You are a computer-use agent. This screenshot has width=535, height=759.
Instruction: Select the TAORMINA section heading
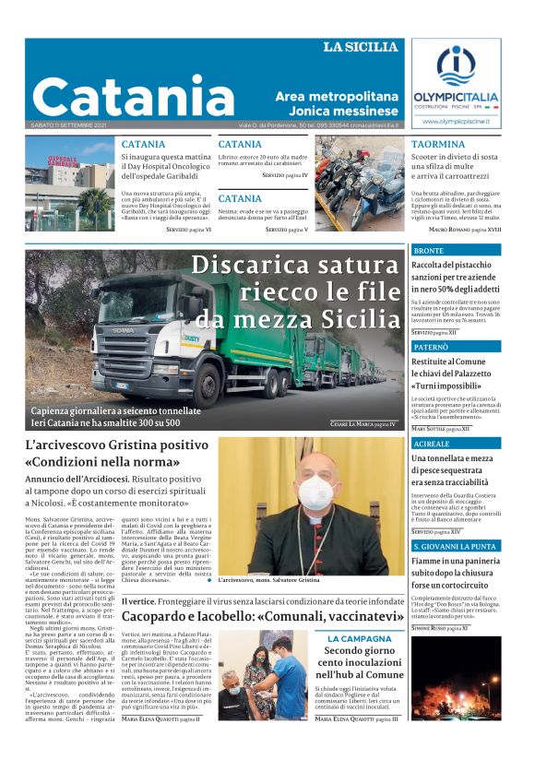click(438, 144)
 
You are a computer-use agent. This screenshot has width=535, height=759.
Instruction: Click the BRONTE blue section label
click(428, 250)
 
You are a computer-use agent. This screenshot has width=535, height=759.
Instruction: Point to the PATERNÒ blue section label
click(431, 346)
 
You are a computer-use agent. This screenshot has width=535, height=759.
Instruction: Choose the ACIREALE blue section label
click(432, 443)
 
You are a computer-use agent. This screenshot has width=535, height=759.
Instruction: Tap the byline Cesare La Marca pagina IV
click(363, 423)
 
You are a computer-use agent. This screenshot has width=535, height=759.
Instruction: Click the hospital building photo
click(69, 184)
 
